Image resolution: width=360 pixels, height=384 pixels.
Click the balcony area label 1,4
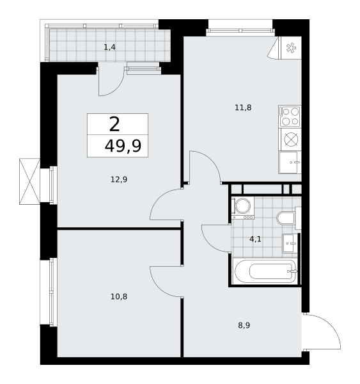pos(109,47)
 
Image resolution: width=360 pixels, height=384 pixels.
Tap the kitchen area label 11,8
pos(243,108)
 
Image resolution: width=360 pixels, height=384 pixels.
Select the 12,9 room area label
pos(119,179)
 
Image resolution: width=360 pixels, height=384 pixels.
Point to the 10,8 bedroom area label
pos(119,296)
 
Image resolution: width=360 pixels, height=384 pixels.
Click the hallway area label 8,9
pos(244,325)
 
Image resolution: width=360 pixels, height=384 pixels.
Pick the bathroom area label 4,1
pos(255,239)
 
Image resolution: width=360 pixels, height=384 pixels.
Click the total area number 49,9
pos(123,146)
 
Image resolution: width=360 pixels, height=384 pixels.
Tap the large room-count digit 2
pos(114,124)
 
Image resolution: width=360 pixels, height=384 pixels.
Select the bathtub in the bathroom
pos(265,271)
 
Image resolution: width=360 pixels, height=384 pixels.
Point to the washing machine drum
pos(243,206)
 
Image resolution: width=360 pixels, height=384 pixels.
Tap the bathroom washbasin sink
pos(290,243)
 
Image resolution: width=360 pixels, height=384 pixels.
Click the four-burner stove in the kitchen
pos(290,116)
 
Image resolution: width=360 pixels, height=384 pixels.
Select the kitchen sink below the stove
pos(290,163)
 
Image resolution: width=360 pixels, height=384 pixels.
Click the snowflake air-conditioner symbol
pos(291,48)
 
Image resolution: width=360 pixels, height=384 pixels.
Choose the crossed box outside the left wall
pos(29,181)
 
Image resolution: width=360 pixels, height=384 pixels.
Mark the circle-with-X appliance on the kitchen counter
pos(291,140)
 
